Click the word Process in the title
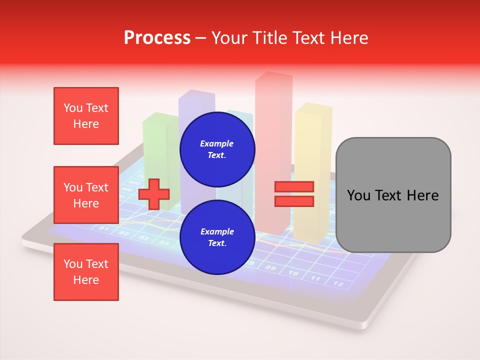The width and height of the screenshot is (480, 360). pyautogui.click(x=157, y=38)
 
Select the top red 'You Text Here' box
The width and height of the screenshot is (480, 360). pyautogui.click(x=86, y=116)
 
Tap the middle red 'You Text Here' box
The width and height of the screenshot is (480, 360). pyautogui.click(x=86, y=195)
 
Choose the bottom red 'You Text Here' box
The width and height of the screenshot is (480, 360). pyautogui.click(x=86, y=272)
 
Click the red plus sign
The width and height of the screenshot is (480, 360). pyautogui.click(x=154, y=194)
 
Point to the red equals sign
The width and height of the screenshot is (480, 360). pyautogui.click(x=294, y=194)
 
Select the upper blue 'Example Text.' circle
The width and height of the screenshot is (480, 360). pyautogui.click(x=217, y=149)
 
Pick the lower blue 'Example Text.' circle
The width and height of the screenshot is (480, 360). pyautogui.click(x=217, y=237)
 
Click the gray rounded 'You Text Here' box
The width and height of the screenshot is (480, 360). pyautogui.click(x=393, y=195)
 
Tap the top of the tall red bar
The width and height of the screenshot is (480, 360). pyautogui.click(x=273, y=76)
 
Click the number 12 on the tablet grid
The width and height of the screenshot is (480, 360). pyautogui.click(x=338, y=284)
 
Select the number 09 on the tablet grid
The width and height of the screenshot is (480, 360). pyautogui.click(x=270, y=268)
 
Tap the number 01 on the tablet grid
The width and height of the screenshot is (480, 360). pyautogui.click(x=104, y=228)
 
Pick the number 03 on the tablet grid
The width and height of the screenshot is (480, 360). pyautogui.click(x=143, y=237)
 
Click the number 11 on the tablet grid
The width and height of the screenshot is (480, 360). pyautogui.click(x=315, y=278)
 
